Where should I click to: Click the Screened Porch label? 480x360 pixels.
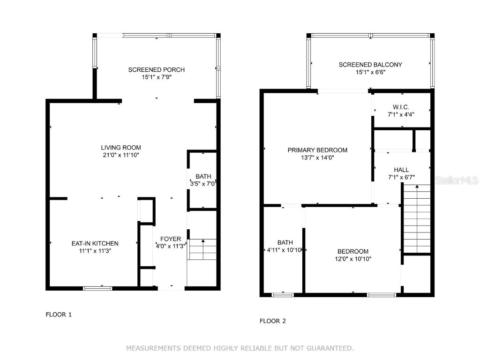pyautogui.click(x=157, y=70)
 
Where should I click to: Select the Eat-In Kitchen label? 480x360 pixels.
pyautogui.click(x=95, y=243)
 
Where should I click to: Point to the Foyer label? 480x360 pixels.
pyautogui.click(x=170, y=239)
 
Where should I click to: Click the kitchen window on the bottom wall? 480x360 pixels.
pyautogui.click(x=97, y=288)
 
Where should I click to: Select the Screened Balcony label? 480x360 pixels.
pyautogui.click(x=370, y=65)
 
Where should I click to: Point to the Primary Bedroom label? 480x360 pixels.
pyautogui.click(x=317, y=150)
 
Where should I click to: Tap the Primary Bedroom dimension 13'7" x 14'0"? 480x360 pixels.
pyautogui.click(x=317, y=158)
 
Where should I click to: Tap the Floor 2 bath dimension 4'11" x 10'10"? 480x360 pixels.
pyautogui.click(x=285, y=250)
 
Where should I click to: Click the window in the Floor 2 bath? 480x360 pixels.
pyautogui.click(x=283, y=294)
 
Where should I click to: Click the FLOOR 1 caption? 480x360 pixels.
pyautogui.click(x=59, y=315)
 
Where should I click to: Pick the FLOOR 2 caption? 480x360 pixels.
pyautogui.click(x=273, y=321)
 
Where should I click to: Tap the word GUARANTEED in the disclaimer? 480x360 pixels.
pyautogui.click(x=330, y=348)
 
